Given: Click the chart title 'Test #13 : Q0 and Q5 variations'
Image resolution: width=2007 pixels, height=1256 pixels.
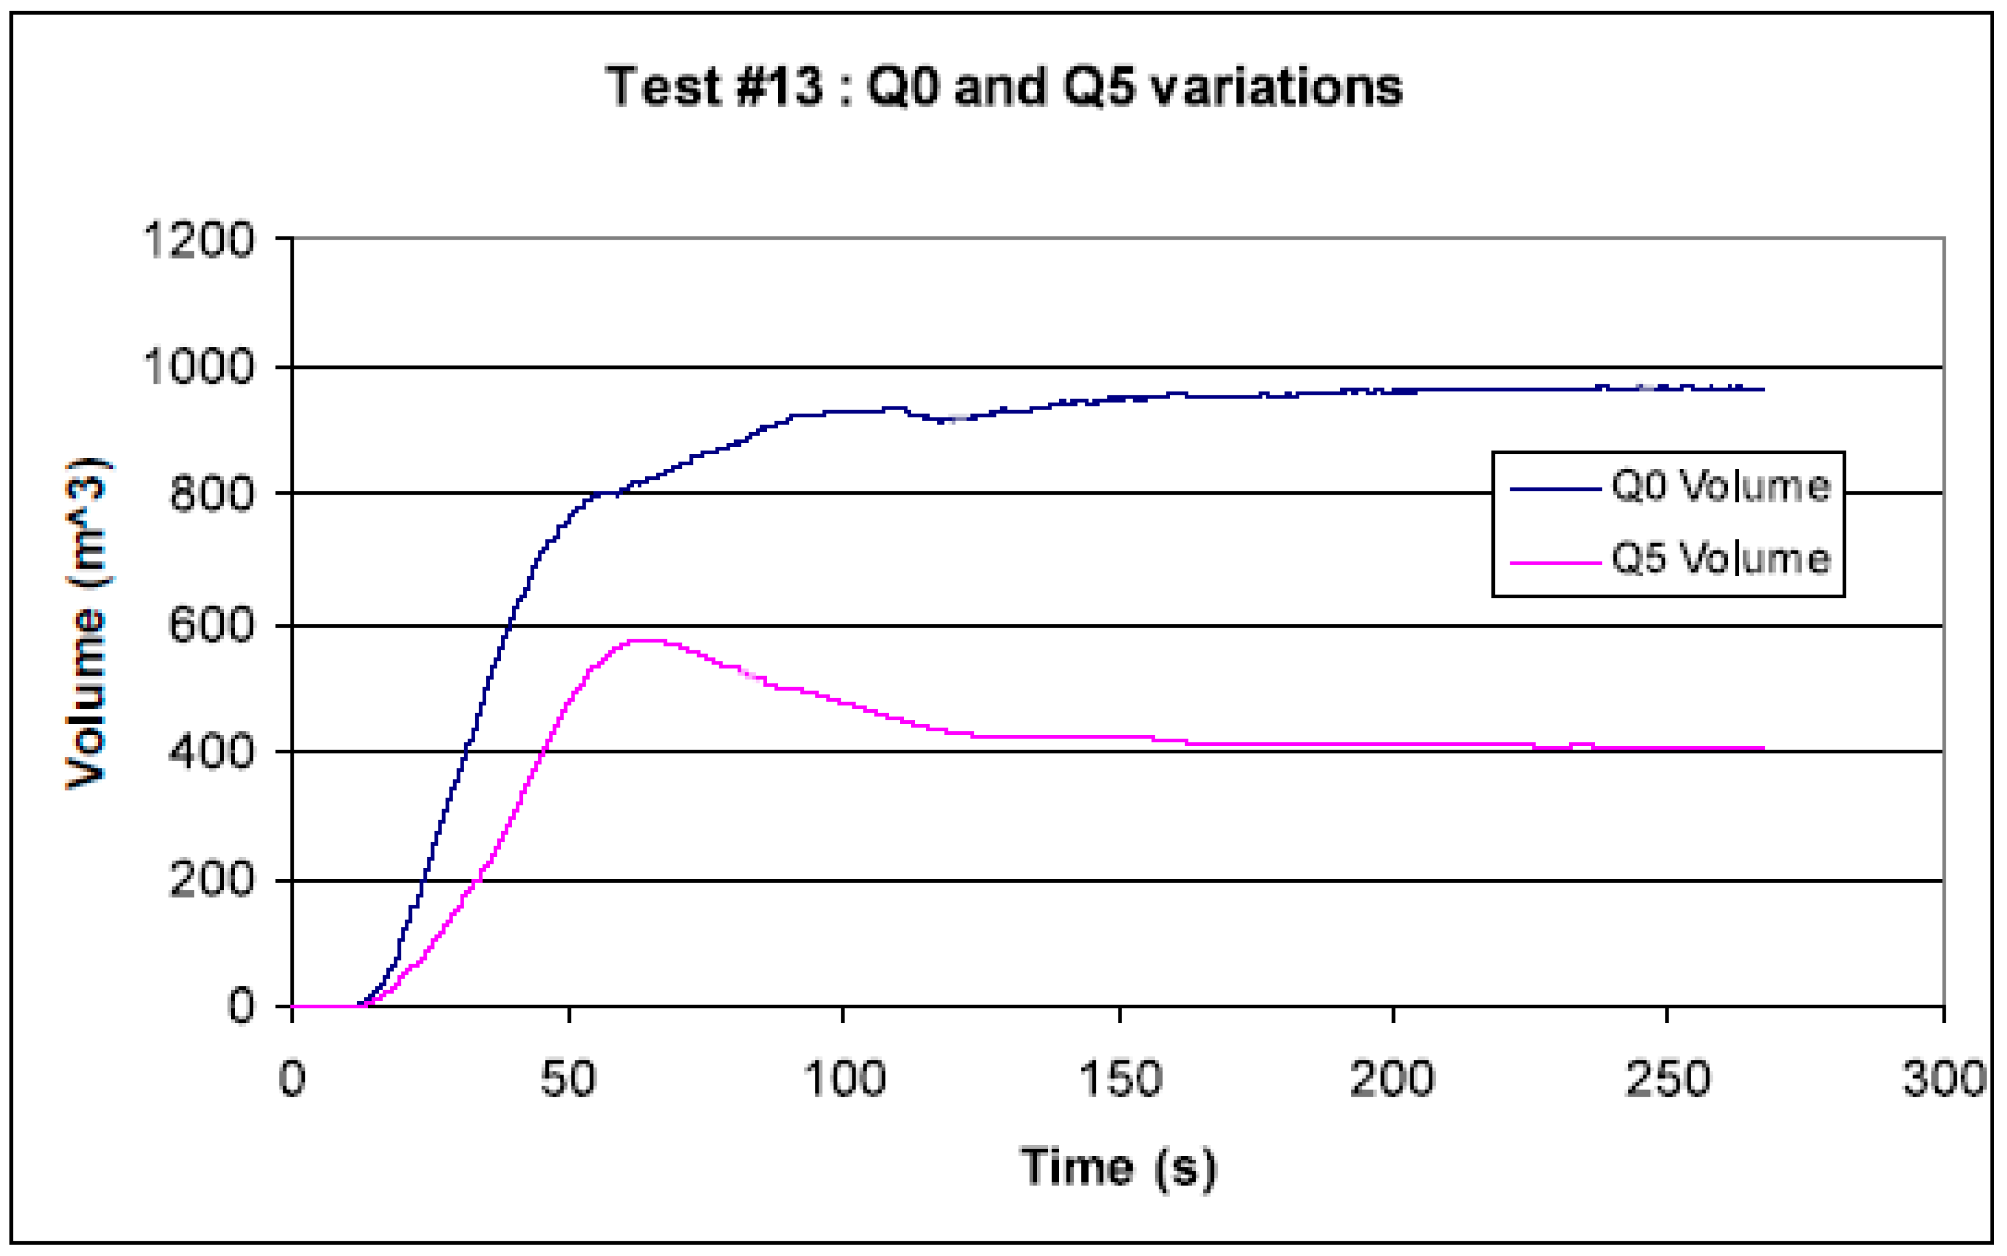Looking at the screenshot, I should (x=1003, y=86).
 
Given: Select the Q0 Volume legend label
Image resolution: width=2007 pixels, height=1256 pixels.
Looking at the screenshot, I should (x=1721, y=486).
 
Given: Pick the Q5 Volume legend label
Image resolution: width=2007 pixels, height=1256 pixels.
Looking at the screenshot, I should (x=1721, y=558).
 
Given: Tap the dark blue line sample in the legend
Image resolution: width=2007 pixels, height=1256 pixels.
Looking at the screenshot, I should (x=1555, y=489).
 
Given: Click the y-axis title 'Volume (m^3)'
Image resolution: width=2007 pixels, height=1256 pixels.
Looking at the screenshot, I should (x=86, y=623).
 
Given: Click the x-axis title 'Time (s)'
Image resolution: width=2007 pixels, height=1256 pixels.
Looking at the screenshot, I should (x=1118, y=1167).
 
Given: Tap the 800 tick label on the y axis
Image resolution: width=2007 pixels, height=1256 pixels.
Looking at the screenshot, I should (x=211, y=495).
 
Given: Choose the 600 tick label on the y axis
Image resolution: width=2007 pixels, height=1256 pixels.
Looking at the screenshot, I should (x=211, y=625).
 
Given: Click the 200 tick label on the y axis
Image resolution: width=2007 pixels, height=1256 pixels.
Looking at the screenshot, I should (x=211, y=879).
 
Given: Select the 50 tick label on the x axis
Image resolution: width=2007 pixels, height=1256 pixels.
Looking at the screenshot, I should (x=568, y=1079).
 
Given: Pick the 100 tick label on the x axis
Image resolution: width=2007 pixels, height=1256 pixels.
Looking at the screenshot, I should (x=844, y=1079).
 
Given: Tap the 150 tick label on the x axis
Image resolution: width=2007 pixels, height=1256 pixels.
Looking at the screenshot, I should (x=1120, y=1079).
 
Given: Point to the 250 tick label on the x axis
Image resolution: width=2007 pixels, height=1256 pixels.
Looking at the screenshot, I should (x=1667, y=1079).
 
